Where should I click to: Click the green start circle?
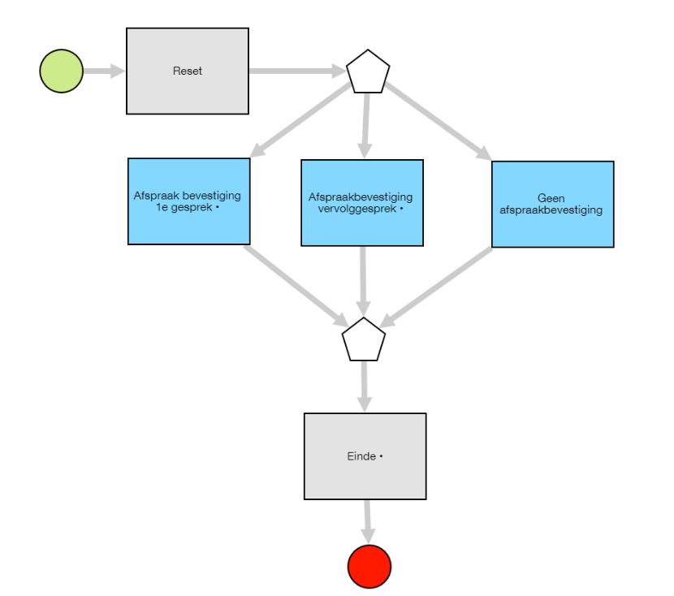pos(62,71)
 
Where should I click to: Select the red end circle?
pos(369,566)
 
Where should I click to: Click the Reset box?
pos(188,71)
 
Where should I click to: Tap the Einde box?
pos(365,456)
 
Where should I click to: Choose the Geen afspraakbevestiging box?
pos(553,204)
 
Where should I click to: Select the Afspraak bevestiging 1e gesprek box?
pos(188,201)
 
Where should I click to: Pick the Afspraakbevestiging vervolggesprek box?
pos(362,203)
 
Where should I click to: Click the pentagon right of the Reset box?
pos(368,71)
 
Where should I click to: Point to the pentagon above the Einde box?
pos(364,339)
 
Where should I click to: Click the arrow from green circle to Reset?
pos(104,71)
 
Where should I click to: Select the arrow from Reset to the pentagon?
pos(297,71)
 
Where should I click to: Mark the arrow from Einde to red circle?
pos(368,522)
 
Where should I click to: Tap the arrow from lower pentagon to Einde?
pos(365,387)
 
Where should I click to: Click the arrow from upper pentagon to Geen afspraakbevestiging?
pos(438,121)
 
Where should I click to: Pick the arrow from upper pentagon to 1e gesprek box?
pos(300,120)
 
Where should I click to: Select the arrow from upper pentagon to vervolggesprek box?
pos(365,126)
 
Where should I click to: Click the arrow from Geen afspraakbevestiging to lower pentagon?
pos(436,287)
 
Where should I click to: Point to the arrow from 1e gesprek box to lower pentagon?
pos(296,286)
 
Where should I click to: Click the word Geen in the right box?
pos(551,198)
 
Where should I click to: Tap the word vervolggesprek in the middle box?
pos(356,209)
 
